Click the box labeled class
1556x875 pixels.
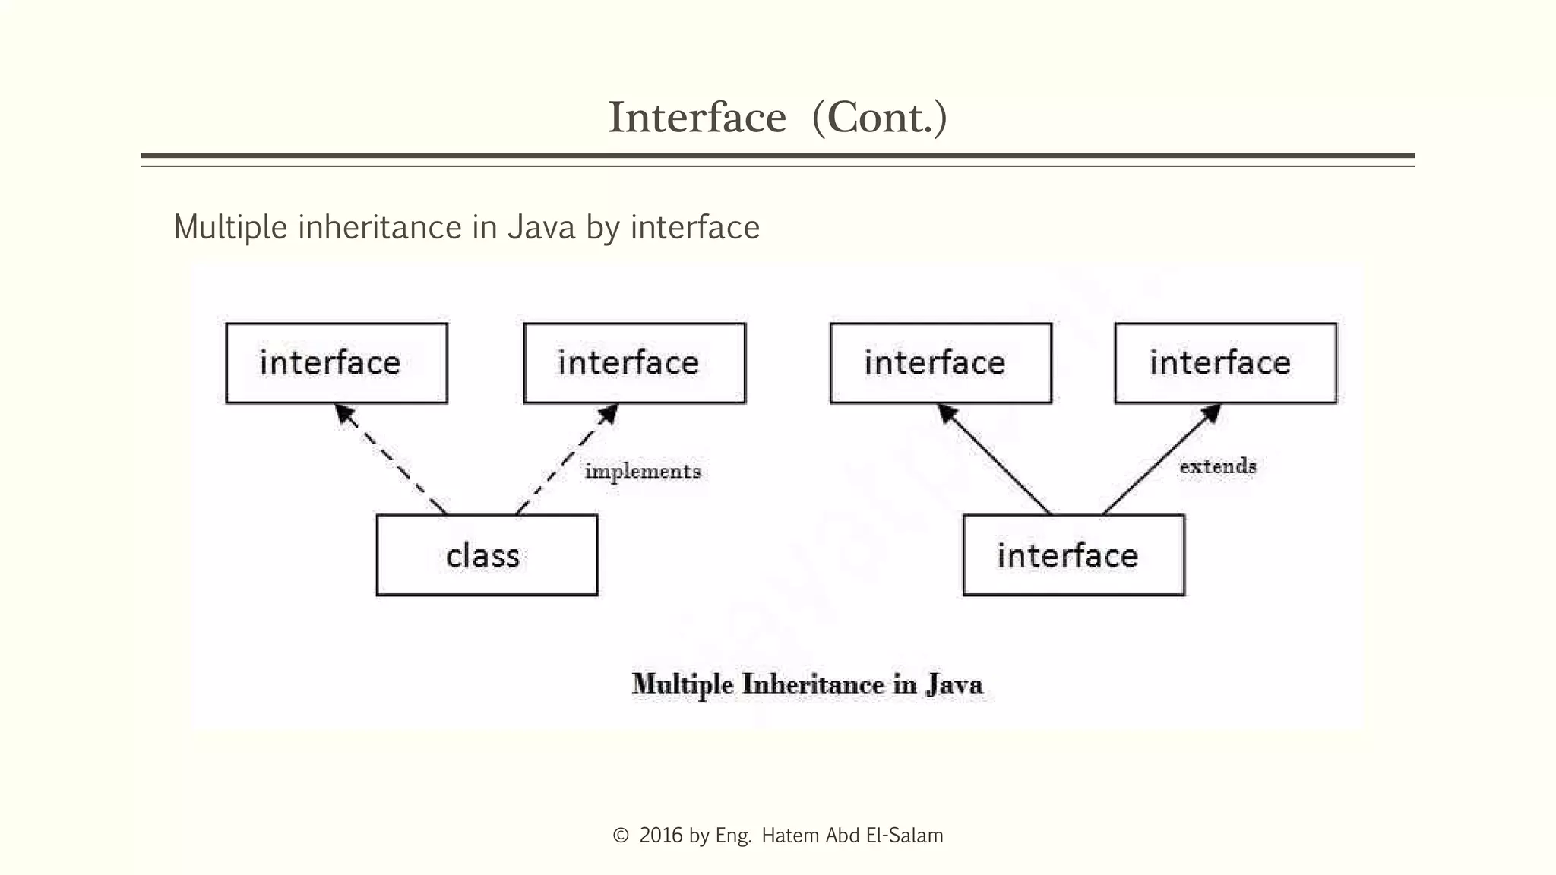pos(487,555)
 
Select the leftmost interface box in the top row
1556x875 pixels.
pos(337,363)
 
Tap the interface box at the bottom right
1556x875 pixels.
pos(1074,555)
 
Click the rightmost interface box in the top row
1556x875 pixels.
pos(1226,363)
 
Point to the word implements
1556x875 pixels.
pos(643,472)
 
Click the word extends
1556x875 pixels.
pos(1218,466)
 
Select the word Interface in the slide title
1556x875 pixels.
pos(697,118)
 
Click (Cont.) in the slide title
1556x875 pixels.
pos(880,118)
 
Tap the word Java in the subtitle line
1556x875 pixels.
pos(541,227)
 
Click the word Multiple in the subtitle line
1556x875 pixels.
pos(230,227)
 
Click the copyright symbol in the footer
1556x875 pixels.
pos(621,836)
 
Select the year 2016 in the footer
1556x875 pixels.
pos(661,836)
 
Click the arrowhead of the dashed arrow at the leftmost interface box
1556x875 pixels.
pos(343,412)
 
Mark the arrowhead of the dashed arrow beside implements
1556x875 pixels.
pos(609,412)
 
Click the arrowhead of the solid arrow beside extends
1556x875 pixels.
pos(1212,412)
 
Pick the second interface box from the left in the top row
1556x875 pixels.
pos(634,363)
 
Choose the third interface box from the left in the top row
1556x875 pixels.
pos(941,363)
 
